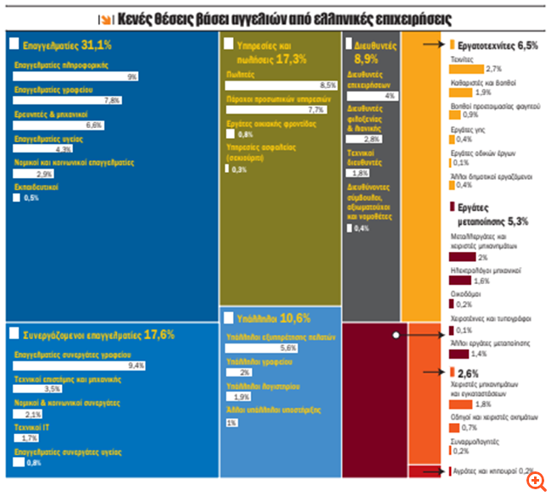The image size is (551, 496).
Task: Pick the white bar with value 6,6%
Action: tap(59, 125)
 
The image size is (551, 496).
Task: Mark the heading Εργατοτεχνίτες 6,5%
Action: tap(497, 45)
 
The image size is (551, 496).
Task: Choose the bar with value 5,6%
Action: tap(263, 348)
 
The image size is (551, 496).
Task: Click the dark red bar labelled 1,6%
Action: tap(459, 281)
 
